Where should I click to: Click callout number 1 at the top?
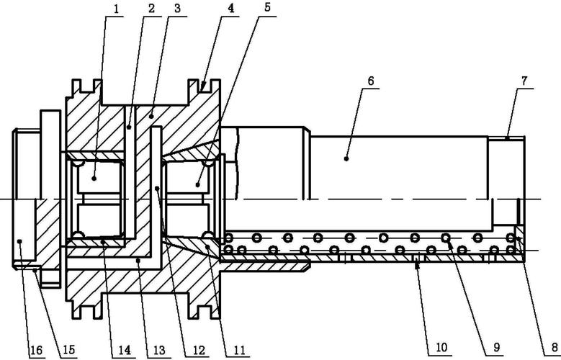(116, 9)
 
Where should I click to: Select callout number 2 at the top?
(152, 9)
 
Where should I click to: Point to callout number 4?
(231, 9)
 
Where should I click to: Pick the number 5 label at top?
(268, 9)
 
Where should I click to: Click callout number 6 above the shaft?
(371, 81)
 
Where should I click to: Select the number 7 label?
(524, 81)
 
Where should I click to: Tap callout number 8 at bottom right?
(555, 347)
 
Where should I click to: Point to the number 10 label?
(441, 347)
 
